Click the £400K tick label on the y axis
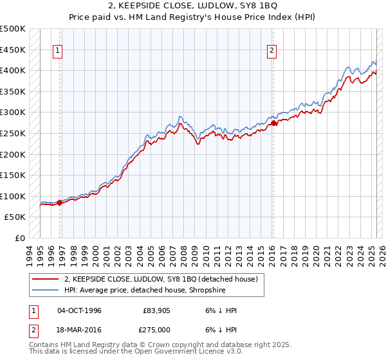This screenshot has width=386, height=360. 14,70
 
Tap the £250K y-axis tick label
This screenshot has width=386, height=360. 14,133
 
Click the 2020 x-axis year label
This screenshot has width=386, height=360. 316,251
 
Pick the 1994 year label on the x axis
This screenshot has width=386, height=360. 30,251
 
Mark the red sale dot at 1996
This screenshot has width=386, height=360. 60,203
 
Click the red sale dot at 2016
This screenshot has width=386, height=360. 273,123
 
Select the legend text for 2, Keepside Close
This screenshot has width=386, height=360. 161,279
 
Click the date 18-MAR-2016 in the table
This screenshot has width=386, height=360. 80,330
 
